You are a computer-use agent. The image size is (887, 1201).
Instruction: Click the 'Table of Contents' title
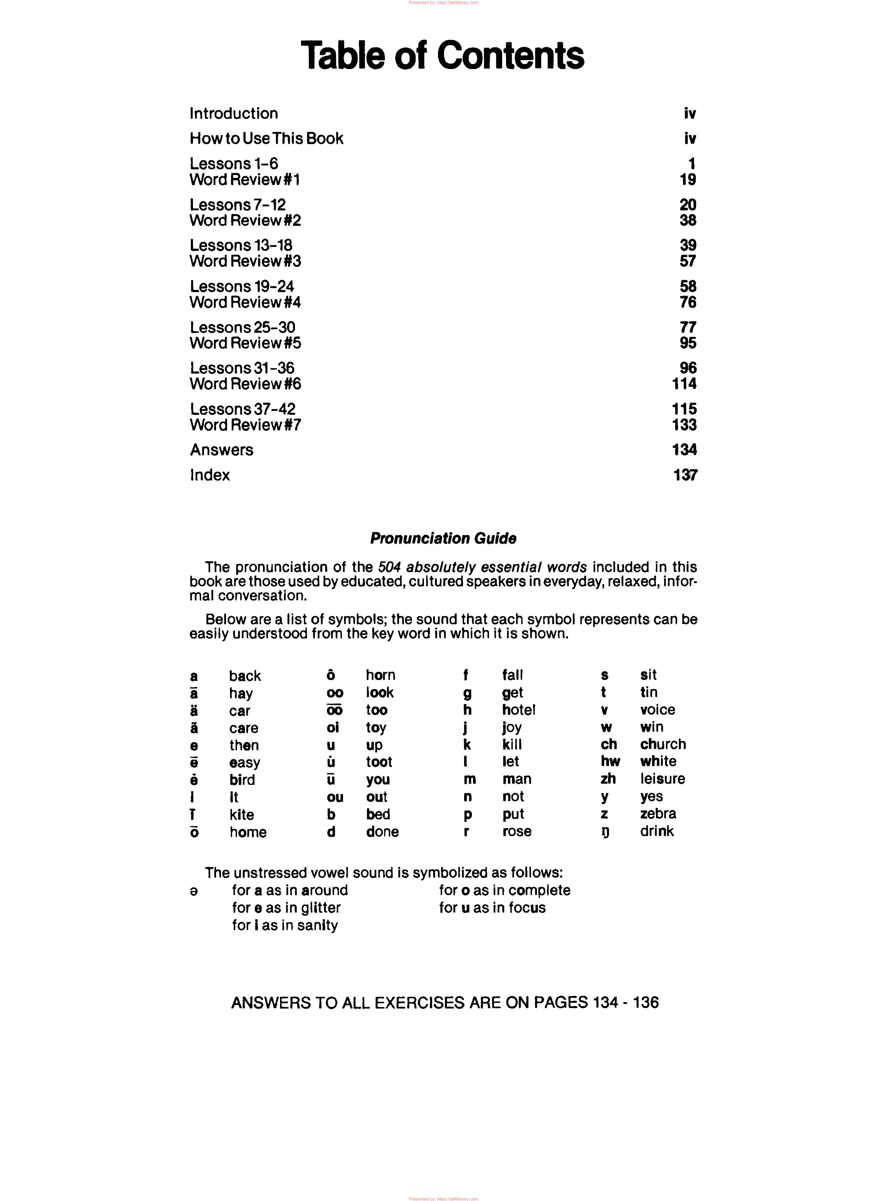(x=442, y=55)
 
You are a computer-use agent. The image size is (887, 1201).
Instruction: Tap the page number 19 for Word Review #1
(x=688, y=180)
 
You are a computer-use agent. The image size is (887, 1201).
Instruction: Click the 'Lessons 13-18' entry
(x=241, y=245)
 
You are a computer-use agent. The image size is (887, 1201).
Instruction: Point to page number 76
(x=688, y=302)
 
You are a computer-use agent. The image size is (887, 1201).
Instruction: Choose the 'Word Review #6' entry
(x=245, y=384)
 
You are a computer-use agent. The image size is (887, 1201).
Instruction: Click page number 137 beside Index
(x=685, y=475)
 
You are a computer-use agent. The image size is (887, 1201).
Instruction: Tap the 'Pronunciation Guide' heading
(x=443, y=539)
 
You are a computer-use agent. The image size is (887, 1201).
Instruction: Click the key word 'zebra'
(x=658, y=813)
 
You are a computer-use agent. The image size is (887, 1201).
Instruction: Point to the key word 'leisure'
(x=662, y=779)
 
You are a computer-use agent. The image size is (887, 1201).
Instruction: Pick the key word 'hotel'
(x=519, y=710)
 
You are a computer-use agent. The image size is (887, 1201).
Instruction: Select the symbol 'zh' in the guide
(x=608, y=779)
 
